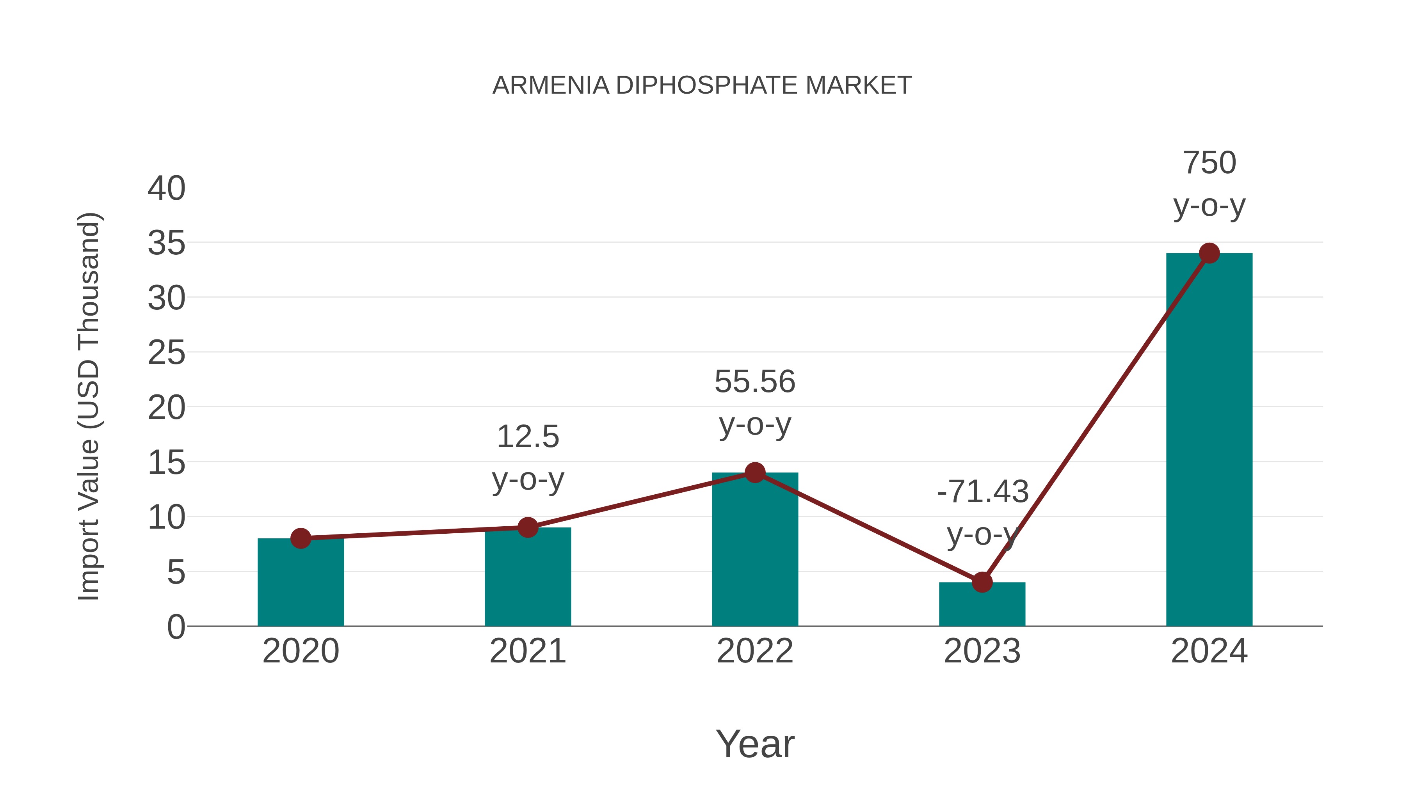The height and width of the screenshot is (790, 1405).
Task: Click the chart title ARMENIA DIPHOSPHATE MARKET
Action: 702,85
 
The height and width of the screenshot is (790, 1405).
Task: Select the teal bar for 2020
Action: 301,583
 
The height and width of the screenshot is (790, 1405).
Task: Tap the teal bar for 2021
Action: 527,578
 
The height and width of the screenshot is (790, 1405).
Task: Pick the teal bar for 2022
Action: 755,550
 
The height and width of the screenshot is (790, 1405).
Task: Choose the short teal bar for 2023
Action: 982,605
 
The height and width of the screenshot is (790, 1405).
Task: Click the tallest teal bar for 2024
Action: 1209,442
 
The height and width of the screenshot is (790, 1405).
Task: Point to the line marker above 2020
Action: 301,539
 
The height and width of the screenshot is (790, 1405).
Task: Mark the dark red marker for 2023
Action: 982,582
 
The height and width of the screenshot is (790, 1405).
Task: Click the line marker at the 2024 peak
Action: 1209,253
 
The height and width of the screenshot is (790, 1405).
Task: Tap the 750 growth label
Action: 1209,163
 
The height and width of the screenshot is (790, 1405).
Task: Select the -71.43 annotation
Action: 982,492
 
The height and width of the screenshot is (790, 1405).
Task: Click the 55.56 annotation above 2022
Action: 755,382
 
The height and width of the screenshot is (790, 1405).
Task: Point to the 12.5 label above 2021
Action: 527,437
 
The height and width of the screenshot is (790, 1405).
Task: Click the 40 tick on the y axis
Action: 166,189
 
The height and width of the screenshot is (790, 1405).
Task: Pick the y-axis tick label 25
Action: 166,353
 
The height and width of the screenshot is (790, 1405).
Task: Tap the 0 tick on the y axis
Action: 176,627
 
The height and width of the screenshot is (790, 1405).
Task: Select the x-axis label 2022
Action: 755,651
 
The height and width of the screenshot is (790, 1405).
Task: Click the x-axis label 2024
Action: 1209,651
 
